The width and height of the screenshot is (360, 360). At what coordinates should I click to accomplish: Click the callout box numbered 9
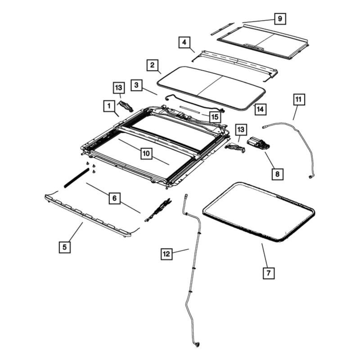[x=280, y=18]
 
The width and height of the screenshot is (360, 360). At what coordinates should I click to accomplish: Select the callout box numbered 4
[x=184, y=42]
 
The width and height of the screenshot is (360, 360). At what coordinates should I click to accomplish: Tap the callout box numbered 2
[x=153, y=65]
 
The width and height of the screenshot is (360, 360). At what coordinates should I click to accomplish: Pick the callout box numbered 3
[x=137, y=85]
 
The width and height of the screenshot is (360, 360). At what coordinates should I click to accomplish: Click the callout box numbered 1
[x=109, y=106]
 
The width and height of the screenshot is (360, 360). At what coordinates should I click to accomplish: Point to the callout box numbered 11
[x=299, y=99]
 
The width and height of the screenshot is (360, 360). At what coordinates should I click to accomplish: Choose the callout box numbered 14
[x=261, y=109]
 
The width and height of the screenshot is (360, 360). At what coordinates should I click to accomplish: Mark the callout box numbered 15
[x=215, y=117]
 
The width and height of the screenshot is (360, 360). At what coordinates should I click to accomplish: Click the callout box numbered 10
[x=146, y=153]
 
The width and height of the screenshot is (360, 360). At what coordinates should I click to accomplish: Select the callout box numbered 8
[x=277, y=174]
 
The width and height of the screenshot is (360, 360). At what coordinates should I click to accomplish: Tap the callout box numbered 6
[x=115, y=198]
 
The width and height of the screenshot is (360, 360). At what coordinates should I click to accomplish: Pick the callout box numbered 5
[x=65, y=247]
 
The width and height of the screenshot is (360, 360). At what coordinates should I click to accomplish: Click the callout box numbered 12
[x=166, y=254]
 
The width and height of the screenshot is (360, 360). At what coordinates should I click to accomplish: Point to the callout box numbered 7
[x=269, y=273]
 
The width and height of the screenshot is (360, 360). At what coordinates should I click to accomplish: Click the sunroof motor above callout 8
[x=259, y=144]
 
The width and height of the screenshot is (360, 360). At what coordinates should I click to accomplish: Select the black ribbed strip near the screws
[x=76, y=178]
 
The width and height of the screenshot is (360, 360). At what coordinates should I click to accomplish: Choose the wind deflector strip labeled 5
[x=87, y=216]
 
